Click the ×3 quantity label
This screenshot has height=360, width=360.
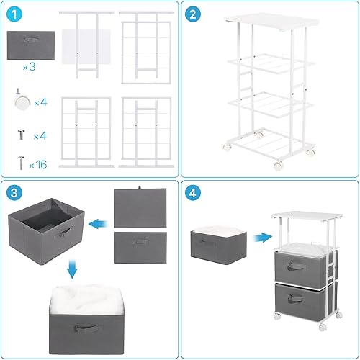point(29,67)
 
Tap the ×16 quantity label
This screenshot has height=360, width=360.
point(36,164)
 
